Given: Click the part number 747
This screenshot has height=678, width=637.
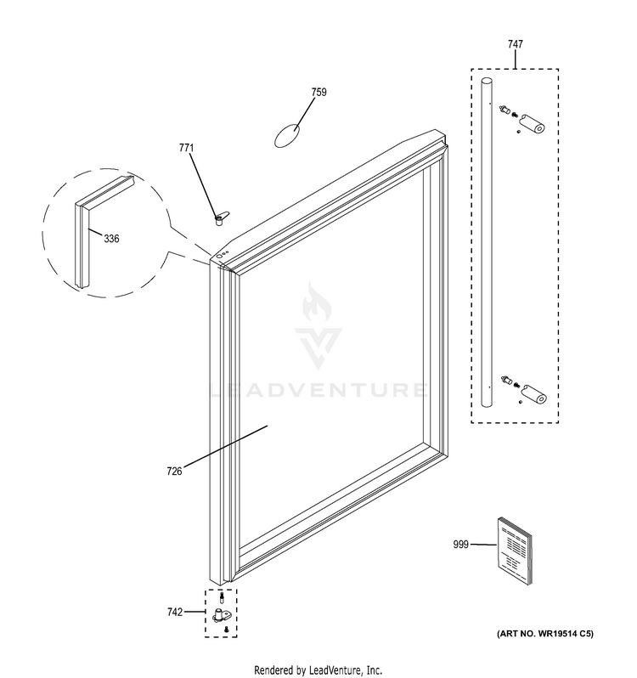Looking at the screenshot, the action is [x=516, y=44].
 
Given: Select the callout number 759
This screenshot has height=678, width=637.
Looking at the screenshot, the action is [x=319, y=92].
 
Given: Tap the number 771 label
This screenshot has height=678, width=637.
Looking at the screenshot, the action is [x=186, y=148].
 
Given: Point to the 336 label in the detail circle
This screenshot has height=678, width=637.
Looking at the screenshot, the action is [x=111, y=239].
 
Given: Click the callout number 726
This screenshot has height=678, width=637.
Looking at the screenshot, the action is [x=174, y=471].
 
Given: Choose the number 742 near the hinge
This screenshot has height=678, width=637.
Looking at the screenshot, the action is [x=175, y=612].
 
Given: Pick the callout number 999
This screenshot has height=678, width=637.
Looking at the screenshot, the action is [x=460, y=545].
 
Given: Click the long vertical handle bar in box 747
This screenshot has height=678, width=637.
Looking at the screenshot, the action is [x=487, y=242].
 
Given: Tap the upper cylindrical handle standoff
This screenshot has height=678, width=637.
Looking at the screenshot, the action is [x=532, y=123].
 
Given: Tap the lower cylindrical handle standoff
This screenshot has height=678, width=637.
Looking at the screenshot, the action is [x=534, y=394].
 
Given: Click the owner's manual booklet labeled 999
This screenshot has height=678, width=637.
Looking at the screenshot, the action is [x=515, y=551].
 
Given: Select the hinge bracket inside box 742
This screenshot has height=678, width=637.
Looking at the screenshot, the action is [x=222, y=615].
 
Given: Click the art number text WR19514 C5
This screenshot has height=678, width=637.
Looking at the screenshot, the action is [x=545, y=634].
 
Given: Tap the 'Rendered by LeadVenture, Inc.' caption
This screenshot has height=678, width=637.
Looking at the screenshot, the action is [x=318, y=670].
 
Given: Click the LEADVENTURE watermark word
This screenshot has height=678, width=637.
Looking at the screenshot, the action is [x=319, y=390].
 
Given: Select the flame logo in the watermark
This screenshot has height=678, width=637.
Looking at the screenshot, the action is [x=316, y=302].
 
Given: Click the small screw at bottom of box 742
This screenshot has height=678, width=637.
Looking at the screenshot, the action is [x=226, y=630].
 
